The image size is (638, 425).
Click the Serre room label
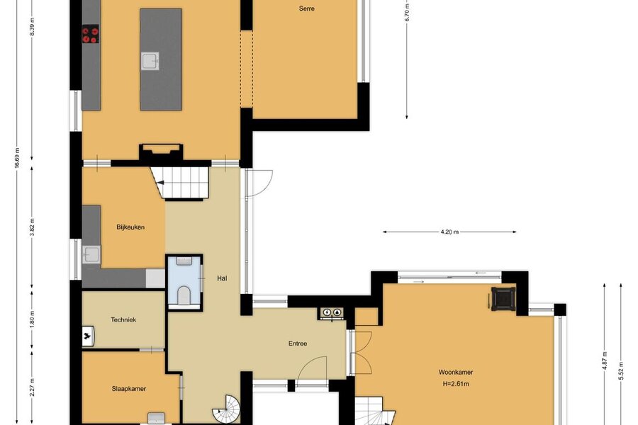pos(306,8)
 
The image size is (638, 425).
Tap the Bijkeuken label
pos(130,227)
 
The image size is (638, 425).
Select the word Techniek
pos(123,319)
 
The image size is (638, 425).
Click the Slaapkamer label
pos(128,389)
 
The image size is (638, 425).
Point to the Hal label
pos(222,278)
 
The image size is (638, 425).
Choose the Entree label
pos(298,344)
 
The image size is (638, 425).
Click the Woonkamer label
pos(455,372)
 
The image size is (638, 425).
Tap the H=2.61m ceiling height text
pos(455,383)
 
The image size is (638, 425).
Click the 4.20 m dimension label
pos(449,232)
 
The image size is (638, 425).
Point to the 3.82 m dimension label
pos(32,227)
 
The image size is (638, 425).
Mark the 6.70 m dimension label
pos(407,11)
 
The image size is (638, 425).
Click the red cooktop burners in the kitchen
pos(90,34)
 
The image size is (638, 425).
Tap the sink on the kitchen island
pos(150,62)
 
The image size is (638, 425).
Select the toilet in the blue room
pos(184,294)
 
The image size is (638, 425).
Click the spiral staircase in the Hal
pos(227,410)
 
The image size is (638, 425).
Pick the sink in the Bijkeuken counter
pos(91,254)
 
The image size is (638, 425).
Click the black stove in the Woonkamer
pos(504,299)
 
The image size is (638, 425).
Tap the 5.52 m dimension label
pos(621,370)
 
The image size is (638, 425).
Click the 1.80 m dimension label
pos(32,319)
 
